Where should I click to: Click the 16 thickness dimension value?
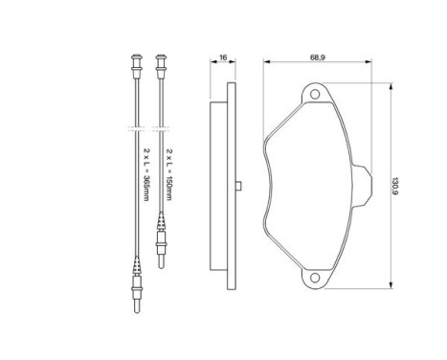pos(223,57)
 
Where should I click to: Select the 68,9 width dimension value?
pos(317,57)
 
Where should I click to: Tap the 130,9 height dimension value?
pos(395,186)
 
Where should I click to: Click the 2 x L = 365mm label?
pos(146,174)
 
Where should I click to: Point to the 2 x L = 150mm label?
pos(169,174)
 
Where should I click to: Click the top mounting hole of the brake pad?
pos(315,94)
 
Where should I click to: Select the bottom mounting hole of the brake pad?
pos(315,278)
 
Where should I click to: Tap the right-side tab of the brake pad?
pos(363,186)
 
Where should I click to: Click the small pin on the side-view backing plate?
pos(238,186)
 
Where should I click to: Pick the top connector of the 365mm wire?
pos(137,66)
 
